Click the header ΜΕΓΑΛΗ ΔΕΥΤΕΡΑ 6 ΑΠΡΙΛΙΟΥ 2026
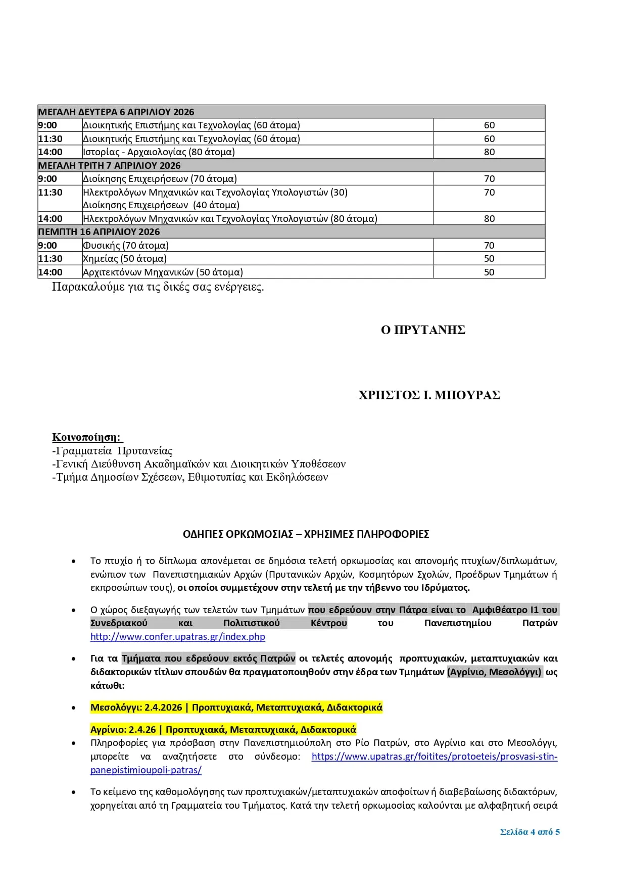(x=116, y=112)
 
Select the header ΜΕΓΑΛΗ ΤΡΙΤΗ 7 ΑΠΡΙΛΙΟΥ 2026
(x=110, y=165)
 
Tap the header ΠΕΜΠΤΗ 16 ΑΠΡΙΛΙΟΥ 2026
(x=99, y=231)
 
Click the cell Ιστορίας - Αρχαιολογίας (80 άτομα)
(x=159, y=152)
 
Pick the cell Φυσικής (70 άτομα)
(x=126, y=245)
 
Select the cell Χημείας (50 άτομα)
(x=125, y=258)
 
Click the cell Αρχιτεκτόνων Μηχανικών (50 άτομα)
(x=163, y=272)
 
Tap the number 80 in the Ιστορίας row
(x=489, y=152)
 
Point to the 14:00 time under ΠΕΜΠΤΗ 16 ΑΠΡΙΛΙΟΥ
(x=51, y=272)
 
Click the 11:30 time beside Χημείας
(x=51, y=258)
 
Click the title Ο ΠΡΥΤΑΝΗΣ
(x=423, y=330)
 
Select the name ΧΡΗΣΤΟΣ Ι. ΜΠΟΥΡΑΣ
(x=429, y=395)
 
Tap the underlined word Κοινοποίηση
(x=86, y=437)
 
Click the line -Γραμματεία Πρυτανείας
(x=112, y=451)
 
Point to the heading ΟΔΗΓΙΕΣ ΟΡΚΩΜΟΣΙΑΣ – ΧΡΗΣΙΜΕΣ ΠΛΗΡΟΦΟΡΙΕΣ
(x=306, y=534)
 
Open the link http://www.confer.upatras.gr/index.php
(x=178, y=637)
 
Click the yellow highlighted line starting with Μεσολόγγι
(x=236, y=708)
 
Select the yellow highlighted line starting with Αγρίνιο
(x=223, y=730)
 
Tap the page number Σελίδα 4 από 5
(x=529, y=832)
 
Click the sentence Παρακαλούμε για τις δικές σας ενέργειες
(x=158, y=287)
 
